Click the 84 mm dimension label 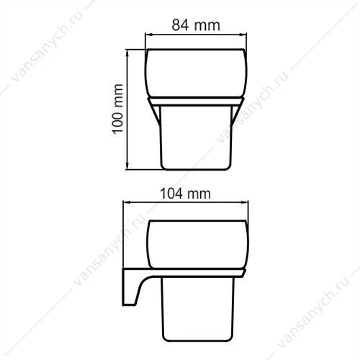(196, 25)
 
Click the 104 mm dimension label (185, 194)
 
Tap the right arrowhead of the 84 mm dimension (243, 35)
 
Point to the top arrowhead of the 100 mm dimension (127, 53)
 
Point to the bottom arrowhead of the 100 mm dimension (127, 166)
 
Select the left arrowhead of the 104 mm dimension (127, 203)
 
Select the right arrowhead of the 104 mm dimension (245, 203)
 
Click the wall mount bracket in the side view (128, 288)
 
